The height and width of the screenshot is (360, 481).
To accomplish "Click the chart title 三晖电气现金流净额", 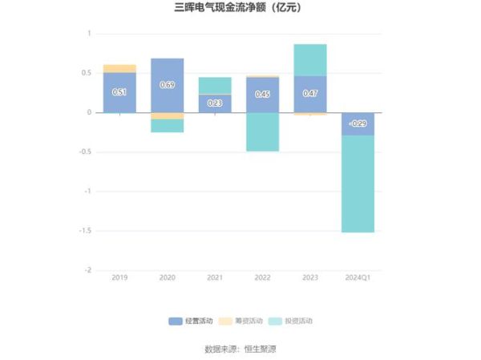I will [240, 9].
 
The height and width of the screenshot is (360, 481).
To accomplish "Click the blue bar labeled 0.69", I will [167, 85].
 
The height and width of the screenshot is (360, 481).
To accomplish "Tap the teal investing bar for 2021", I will [215, 85].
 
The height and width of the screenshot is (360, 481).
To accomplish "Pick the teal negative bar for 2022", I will [262, 131].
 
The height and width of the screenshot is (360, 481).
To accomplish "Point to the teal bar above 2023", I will [310, 60].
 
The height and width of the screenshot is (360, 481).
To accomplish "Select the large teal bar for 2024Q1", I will [358, 184].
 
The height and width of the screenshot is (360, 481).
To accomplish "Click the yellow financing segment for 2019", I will [119, 68].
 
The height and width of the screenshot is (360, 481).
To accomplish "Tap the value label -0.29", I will [358, 123].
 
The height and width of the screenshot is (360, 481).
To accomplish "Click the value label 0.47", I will [310, 94].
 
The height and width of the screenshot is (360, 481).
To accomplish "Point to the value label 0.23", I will [215, 103].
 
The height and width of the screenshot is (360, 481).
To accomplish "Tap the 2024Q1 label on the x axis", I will [358, 277].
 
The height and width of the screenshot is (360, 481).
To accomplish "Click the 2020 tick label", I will [167, 277].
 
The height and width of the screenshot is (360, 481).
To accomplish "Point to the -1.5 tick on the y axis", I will [84, 231].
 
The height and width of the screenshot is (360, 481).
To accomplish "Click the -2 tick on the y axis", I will [87, 270].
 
